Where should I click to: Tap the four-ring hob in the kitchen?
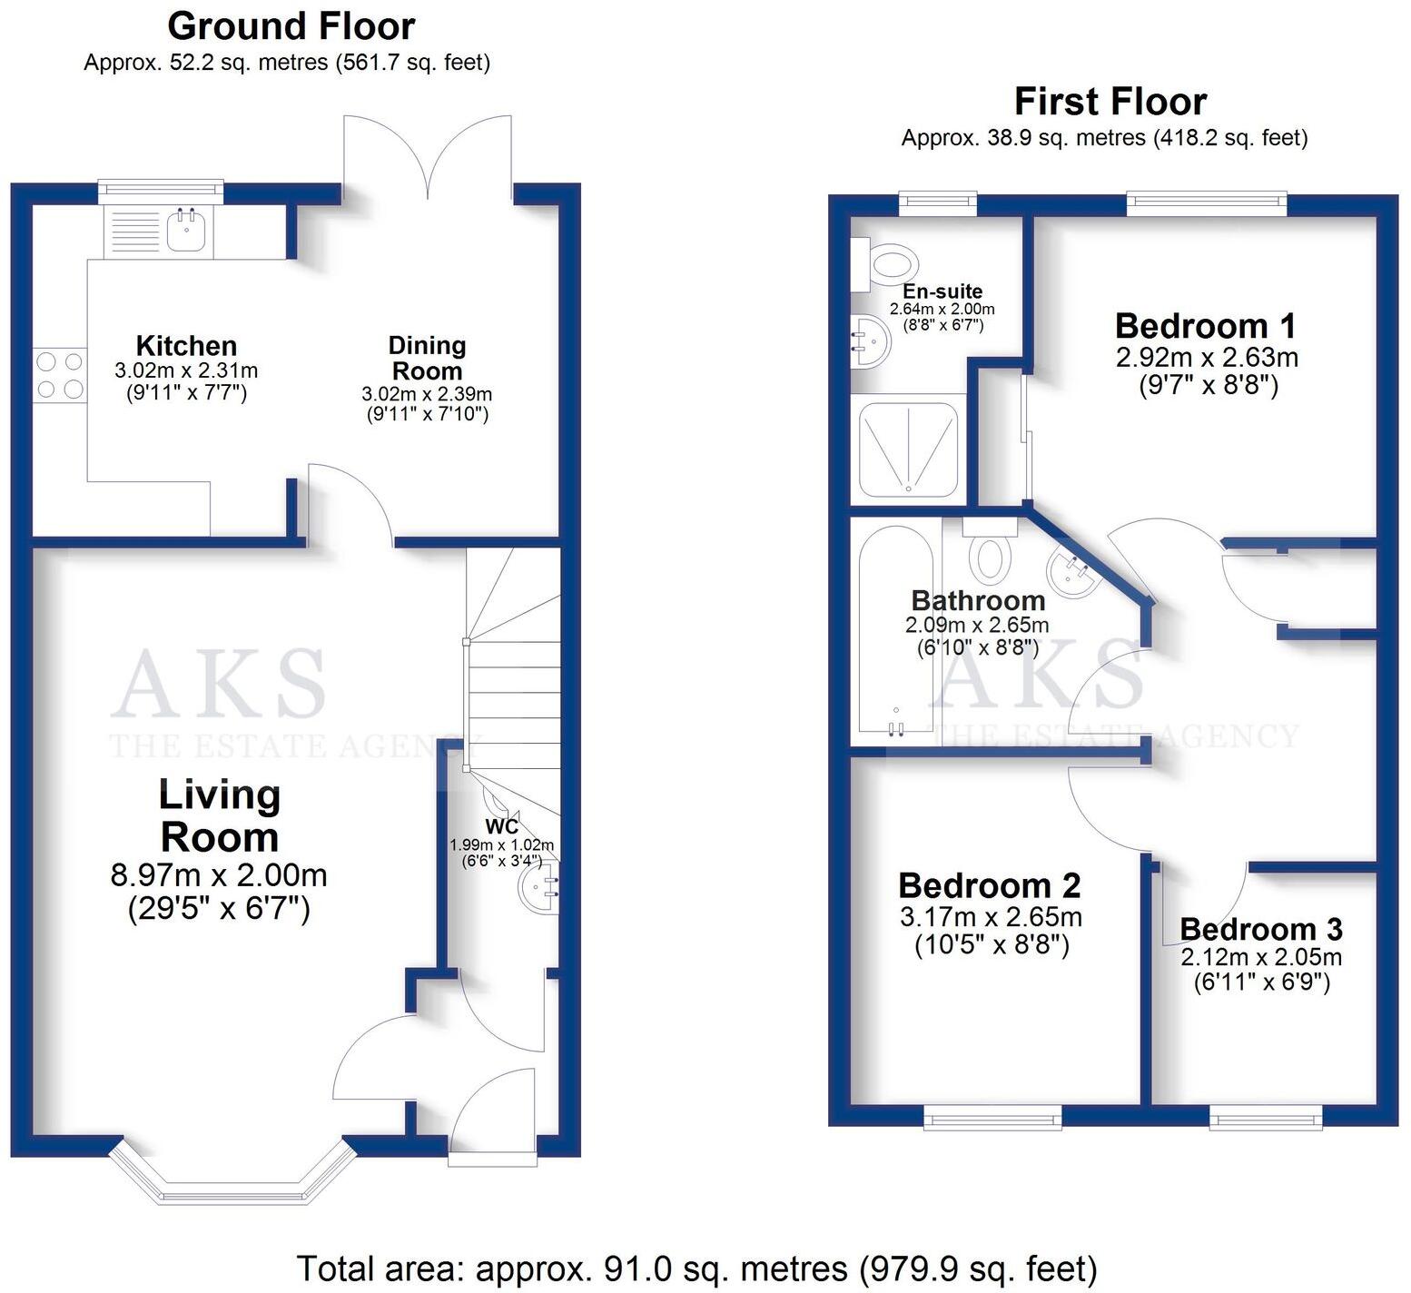[59, 376]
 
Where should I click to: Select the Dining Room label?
[427, 358]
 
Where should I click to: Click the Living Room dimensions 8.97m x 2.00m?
[219, 875]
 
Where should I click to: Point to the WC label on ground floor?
[502, 826]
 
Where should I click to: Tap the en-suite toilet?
[884, 265]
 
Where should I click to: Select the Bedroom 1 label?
[1205, 325]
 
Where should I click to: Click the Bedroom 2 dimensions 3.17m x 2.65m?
[991, 917]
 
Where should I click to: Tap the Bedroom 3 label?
[1260, 929]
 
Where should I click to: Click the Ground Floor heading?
[291, 25]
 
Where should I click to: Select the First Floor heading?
[1110, 101]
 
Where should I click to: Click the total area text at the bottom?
[696, 1268]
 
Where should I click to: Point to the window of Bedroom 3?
[1265, 1117]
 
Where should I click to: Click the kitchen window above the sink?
[161, 189]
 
